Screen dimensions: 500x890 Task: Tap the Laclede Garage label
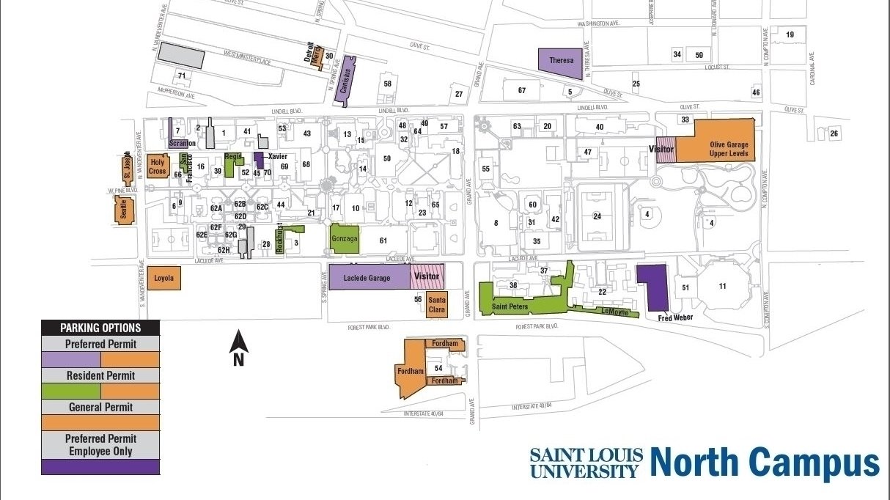point(367,278)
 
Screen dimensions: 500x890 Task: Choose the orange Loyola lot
point(163,279)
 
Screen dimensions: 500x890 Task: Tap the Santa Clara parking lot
point(437,304)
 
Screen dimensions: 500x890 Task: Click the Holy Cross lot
point(158,166)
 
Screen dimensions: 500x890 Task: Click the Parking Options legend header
point(100,328)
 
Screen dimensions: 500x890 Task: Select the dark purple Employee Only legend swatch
point(100,466)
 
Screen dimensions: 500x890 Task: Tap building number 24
point(597,216)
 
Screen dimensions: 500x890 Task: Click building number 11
point(723,286)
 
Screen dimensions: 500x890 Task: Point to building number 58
point(388,84)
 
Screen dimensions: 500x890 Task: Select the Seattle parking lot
point(123,212)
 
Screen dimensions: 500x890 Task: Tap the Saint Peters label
point(510,306)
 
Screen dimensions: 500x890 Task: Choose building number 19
point(790,35)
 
